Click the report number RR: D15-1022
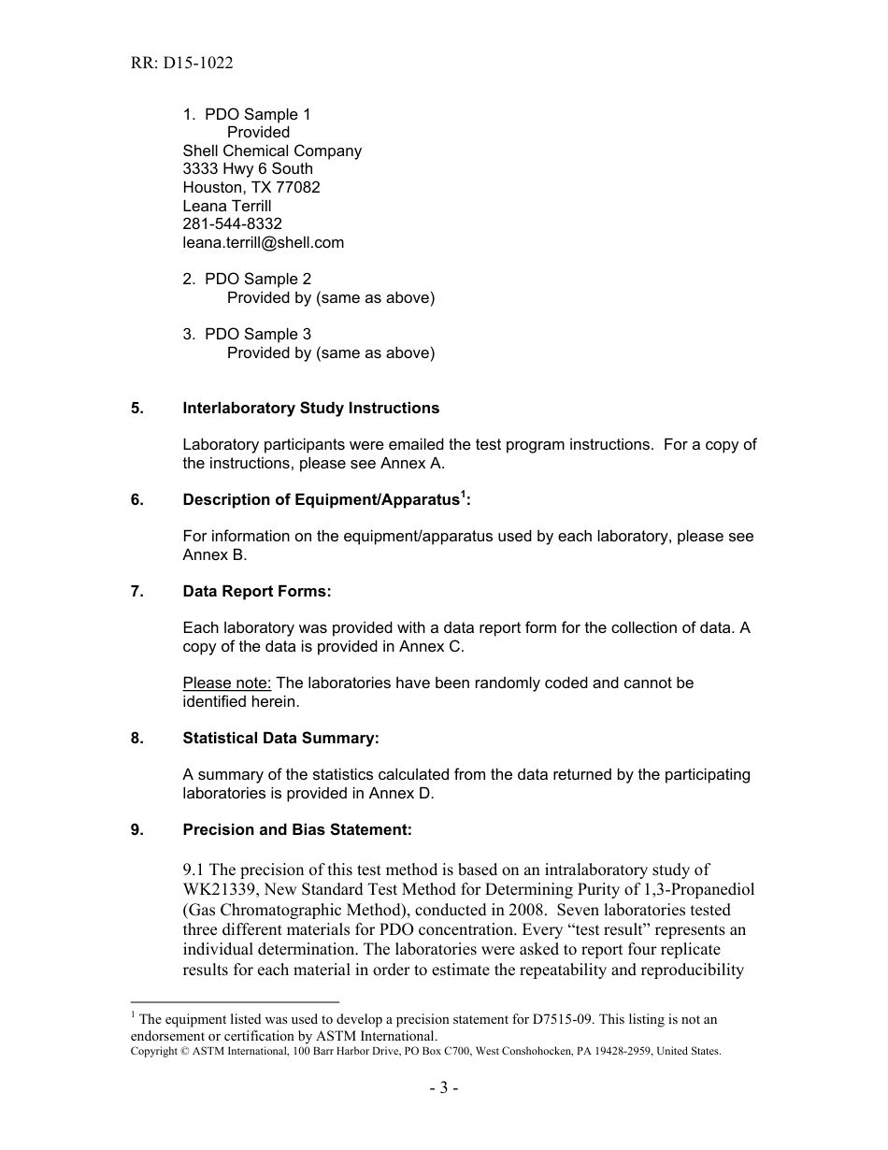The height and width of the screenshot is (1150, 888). coord(181,64)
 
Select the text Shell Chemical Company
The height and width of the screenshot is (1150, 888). coord(272,151)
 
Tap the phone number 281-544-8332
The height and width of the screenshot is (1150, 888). coord(232,224)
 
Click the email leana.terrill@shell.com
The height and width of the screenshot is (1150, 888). coord(263,242)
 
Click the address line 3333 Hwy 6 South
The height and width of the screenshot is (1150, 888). coord(248,169)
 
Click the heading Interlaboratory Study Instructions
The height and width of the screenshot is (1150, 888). coord(310,408)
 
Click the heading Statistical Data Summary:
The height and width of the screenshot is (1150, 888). coord(280,738)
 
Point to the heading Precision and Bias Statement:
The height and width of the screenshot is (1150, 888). coord(296,829)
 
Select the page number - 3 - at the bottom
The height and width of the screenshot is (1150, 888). coord(443,1087)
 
